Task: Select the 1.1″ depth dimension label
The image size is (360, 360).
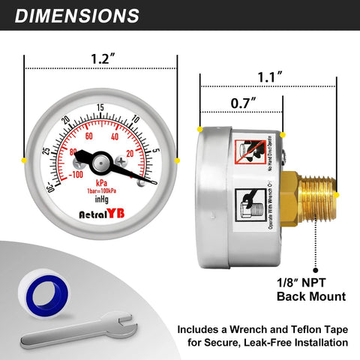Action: [268, 76]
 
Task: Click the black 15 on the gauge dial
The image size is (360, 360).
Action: [100, 108]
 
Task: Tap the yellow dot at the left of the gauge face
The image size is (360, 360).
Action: [23, 160]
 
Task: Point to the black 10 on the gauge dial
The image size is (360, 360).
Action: [136, 120]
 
